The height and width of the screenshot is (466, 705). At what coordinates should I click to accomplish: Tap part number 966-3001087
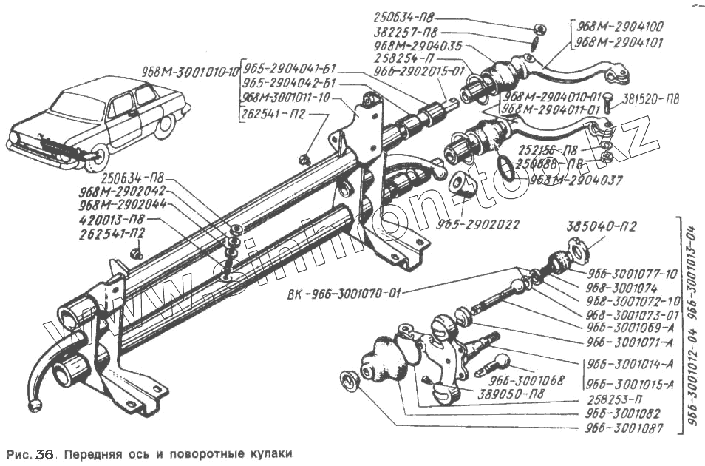coord(622,428)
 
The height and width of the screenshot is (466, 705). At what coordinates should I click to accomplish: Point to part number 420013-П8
coord(112,220)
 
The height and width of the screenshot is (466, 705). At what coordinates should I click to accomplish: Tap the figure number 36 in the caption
coord(43,454)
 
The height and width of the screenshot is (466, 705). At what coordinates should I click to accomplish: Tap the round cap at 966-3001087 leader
coord(349,382)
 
